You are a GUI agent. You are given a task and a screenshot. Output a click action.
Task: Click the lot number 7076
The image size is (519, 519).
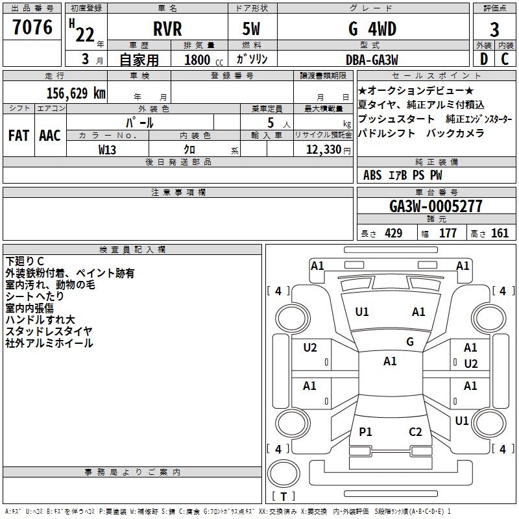point(32,27)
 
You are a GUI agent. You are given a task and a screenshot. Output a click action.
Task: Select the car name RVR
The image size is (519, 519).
point(167,29)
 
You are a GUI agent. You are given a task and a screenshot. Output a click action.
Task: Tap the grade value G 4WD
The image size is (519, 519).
point(372,29)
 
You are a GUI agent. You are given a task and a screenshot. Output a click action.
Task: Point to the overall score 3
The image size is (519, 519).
point(494,30)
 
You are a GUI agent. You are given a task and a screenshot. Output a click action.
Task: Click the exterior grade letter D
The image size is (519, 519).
point(484,59)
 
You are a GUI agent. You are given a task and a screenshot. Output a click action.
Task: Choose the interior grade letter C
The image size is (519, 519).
point(505,59)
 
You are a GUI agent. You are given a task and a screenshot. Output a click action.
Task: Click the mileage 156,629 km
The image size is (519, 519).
point(76,93)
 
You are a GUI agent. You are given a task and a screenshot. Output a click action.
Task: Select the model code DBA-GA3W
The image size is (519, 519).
point(372,60)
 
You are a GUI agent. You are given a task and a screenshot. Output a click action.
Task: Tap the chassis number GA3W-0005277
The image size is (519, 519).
point(435,206)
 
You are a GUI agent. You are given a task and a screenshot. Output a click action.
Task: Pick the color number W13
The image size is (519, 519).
point(107,150)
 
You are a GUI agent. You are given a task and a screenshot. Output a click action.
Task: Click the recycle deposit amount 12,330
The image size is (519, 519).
point(324,149)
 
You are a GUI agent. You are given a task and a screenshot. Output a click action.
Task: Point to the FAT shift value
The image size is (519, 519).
point(19,136)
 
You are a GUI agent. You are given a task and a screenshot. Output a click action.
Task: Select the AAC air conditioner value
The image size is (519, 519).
point(50,136)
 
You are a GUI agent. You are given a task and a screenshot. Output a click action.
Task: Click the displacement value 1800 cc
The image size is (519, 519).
point(204,60)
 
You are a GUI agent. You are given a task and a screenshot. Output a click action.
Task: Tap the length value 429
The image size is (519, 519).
point(394,233)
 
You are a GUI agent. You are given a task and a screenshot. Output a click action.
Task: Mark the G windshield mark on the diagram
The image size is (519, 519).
point(410,342)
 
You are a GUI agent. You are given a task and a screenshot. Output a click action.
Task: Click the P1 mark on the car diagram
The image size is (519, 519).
point(365,431)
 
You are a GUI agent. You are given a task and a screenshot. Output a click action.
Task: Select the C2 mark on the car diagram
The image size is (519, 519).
point(415,431)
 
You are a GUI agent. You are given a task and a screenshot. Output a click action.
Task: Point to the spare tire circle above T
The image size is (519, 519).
point(284,474)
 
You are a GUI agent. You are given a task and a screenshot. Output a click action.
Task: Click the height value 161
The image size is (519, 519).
point(500,233)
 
